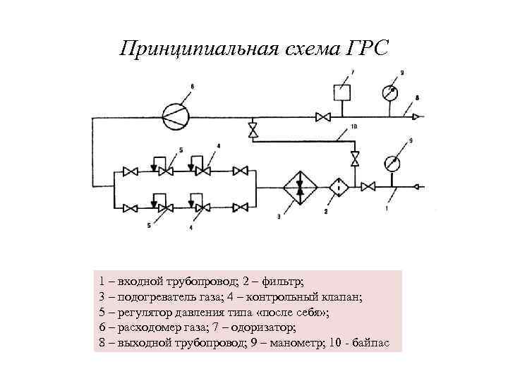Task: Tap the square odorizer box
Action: click(343, 92)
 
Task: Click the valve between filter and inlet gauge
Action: click(368, 187)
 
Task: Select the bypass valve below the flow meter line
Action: click(253, 131)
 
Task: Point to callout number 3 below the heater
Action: click(278, 217)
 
